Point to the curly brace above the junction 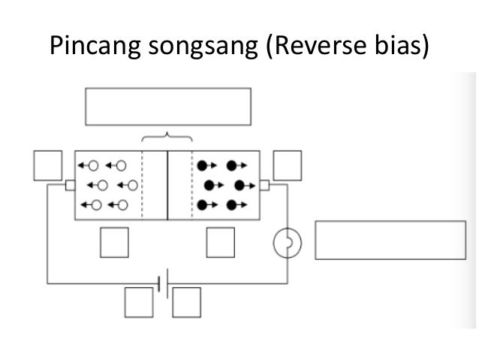point(167,137)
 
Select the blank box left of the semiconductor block point(47,165)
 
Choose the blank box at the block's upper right point(287,165)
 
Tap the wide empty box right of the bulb point(390,241)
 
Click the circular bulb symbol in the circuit point(286,241)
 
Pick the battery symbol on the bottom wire point(162,283)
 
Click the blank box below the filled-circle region point(221,241)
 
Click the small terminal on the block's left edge point(70,185)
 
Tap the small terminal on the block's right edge point(264,185)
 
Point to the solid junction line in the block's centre point(167,185)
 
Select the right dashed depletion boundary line point(192,185)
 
